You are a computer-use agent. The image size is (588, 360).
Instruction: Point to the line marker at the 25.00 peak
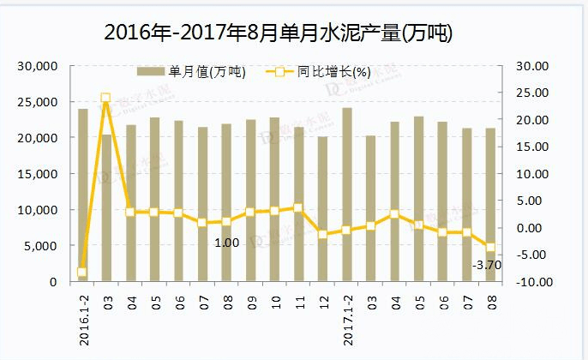pyautogui.click(x=105, y=99)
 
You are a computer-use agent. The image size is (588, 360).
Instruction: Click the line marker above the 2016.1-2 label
pyautogui.click(x=82, y=273)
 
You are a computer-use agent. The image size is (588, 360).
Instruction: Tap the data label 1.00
pyautogui.click(x=226, y=243)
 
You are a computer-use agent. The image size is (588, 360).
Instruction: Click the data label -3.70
pyautogui.click(x=487, y=265)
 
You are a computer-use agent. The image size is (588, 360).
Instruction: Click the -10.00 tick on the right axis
pyautogui.click(x=531, y=282)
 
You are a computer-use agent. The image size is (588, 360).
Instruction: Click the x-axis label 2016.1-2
pyautogui.click(x=84, y=317)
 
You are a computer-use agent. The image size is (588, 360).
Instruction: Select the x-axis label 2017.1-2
pyautogui.click(x=347, y=317)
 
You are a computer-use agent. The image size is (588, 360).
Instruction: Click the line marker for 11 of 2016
pyautogui.click(x=298, y=207)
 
